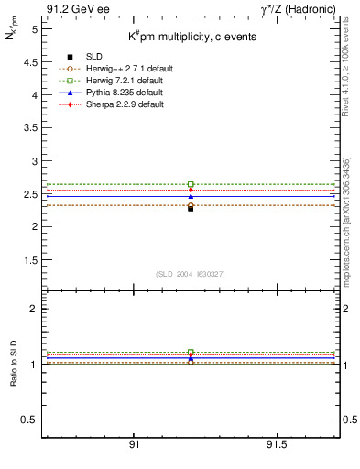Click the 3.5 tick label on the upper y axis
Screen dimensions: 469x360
coord(30,127)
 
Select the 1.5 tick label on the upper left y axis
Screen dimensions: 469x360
coord(30,259)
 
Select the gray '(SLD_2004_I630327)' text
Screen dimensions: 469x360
coord(191,273)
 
